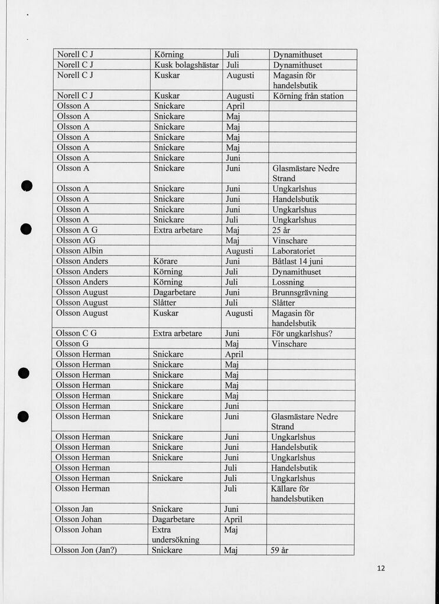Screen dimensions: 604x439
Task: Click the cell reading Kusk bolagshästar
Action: (x=186, y=65)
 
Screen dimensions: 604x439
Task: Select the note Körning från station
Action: (x=308, y=96)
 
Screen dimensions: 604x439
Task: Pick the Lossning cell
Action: (x=288, y=282)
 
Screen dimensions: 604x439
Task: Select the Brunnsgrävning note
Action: (x=300, y=292)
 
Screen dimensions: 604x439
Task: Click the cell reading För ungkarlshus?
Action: (x=301, y=333)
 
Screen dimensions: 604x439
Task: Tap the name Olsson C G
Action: (x=76, y=333)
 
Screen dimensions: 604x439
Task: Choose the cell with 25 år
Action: (x=281, y=230)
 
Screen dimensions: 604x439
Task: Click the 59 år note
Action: (x=279, y=550)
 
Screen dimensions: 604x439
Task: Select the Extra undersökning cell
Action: (x=175, y=534)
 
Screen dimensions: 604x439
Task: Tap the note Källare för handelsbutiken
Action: (x=297, y=494)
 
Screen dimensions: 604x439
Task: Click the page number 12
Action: (x=381, y=569)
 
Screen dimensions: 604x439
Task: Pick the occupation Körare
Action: (x=165, y=261)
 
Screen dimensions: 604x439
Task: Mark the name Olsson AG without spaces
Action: (x=76, y=240)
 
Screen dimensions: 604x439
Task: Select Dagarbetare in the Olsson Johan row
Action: (x=173, y=520)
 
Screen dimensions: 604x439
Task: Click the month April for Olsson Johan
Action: (x=233, y=520)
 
